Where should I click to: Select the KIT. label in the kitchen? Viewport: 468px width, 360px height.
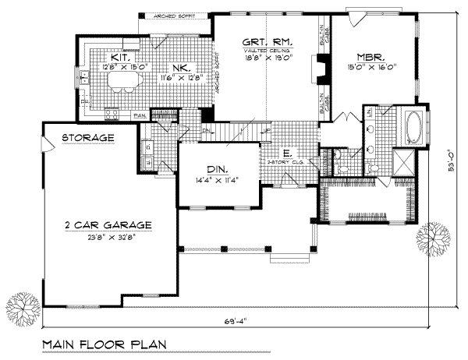pos(119,58)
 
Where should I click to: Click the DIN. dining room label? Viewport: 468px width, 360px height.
pos(206,169)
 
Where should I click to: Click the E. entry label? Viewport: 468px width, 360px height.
pos(288,154)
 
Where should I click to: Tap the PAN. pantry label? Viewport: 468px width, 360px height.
pos(140,116)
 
